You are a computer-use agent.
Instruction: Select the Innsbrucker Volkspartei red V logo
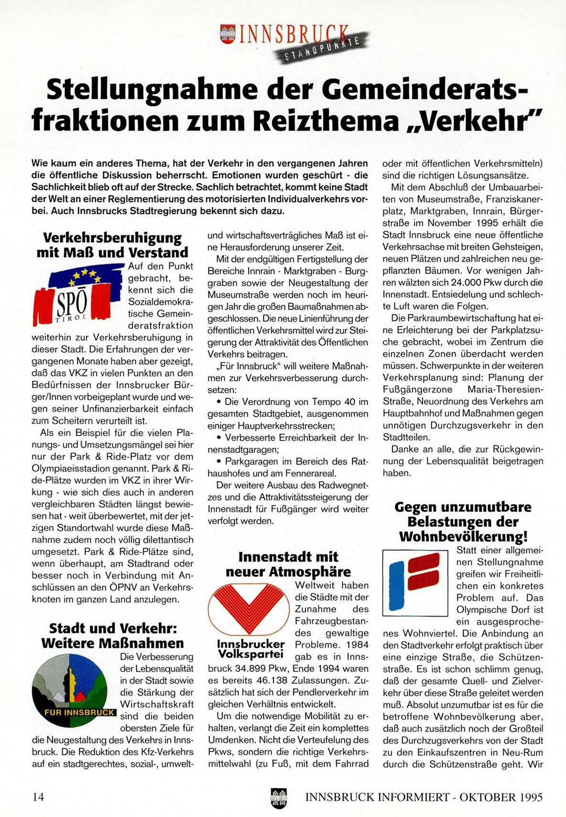coord(248,610)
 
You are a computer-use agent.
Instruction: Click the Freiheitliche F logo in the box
coord(415,582)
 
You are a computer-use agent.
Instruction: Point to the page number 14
coord(38,797)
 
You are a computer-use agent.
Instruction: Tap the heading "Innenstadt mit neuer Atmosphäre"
coord(288,564)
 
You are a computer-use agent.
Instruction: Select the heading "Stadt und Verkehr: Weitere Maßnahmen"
coord(113,635)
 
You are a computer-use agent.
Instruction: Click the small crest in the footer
coord(278,797)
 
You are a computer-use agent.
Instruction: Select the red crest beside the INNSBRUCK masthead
coord(228,34)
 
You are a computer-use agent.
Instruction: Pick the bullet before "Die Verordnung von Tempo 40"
coord(219,402)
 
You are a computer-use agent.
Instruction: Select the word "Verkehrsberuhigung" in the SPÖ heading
coord(112,237)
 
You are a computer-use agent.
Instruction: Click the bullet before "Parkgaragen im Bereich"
coord(219,462)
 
